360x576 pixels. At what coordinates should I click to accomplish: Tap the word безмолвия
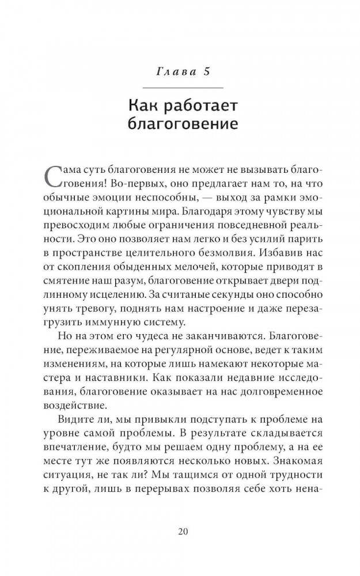point(248,261)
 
